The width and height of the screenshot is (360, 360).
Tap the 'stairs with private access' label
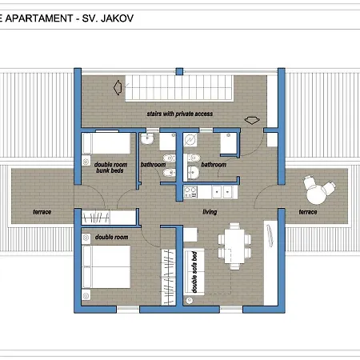(x=180, y=114)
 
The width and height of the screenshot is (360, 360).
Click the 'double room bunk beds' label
(x=110, y=167)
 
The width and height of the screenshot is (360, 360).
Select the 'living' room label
(x=210, y=212)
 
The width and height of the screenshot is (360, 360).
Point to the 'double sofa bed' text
(x=194, y=272)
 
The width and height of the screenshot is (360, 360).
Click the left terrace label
(x=42, y=212)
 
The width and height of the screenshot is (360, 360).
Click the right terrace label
(x=308, y=212)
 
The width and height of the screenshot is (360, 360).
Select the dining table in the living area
(x=234, y=246)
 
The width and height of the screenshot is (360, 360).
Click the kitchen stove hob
(x=190, y=192)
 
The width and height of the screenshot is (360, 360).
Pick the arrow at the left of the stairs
(x=118, y=87)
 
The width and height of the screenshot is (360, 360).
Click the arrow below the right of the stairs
(x=252, y=120)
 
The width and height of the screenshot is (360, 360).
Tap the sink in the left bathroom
(x=147, y=139)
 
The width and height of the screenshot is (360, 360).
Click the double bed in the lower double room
(x=106, y=266)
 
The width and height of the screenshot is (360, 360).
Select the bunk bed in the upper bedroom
(x=106, y=143)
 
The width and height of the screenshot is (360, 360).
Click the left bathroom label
(x=153, y=165)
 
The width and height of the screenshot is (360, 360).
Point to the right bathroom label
(x=214, y=165)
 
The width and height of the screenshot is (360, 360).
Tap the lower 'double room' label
(x=111, y=237)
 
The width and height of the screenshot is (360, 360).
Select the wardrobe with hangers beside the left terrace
(x=96, y=218)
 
